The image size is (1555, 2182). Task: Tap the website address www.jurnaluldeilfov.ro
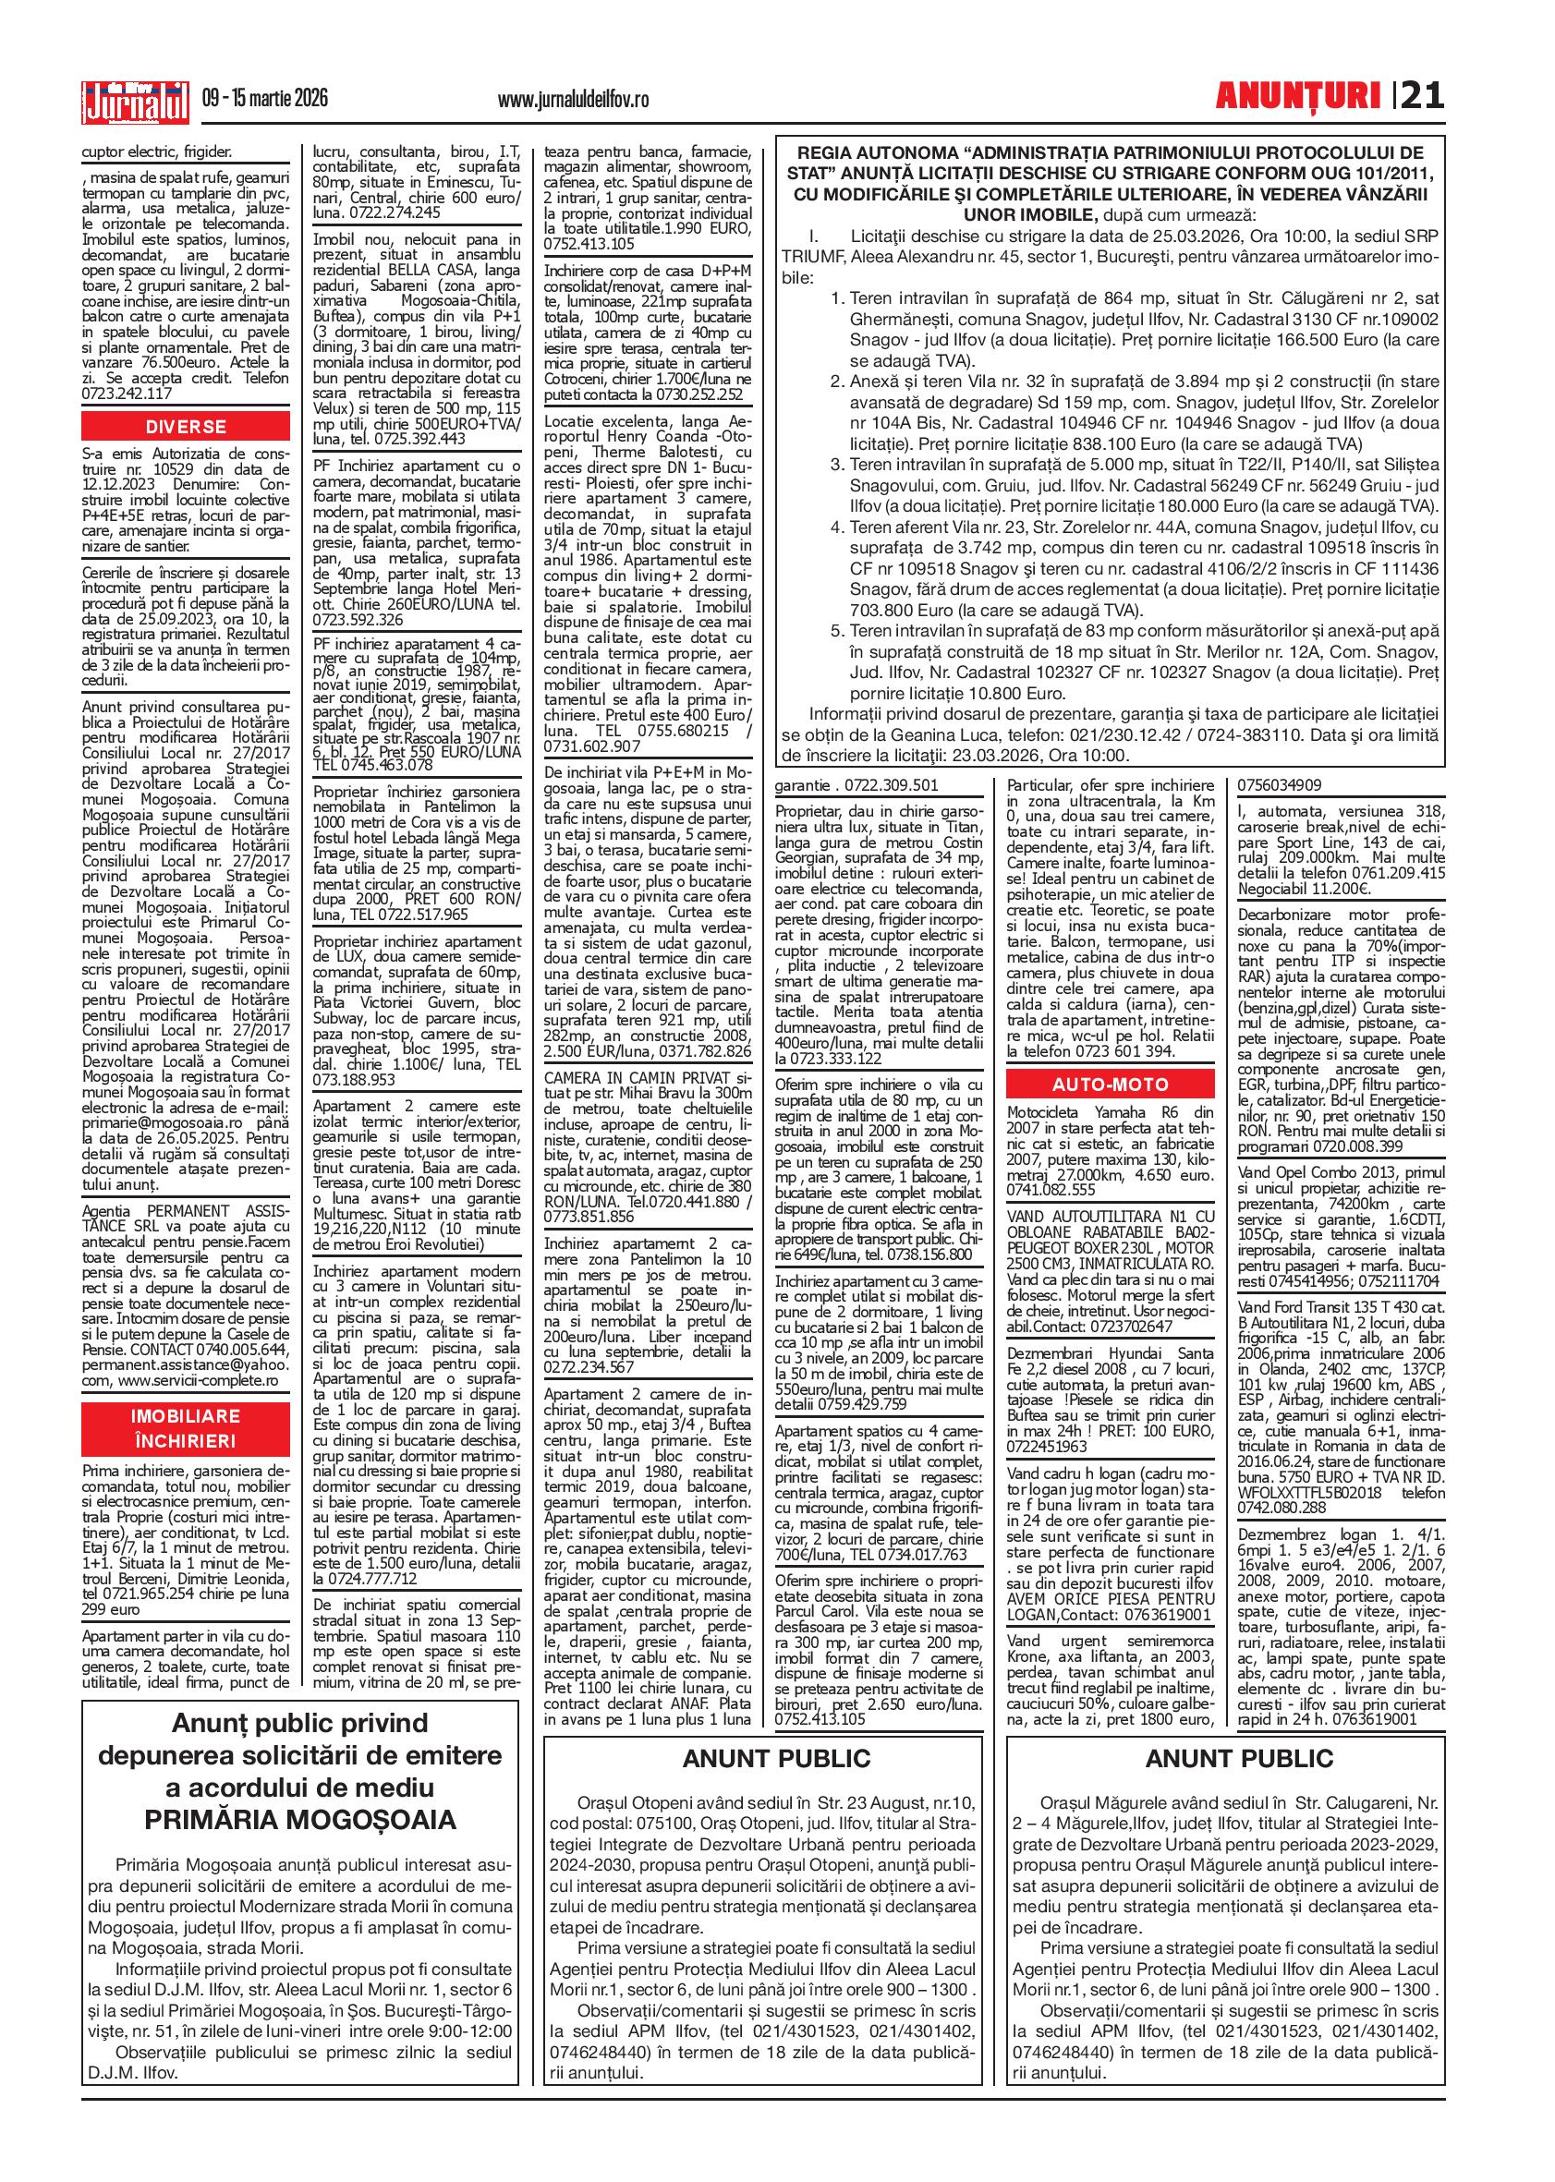pyautogui.click(x=574, y=99)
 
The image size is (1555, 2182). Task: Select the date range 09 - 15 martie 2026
pyautogui.click(x=265, y=99)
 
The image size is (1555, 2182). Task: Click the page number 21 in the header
pyautogui.click(x=1422, y=98)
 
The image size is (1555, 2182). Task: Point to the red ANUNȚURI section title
pyautogui.click(x=1297, y=98)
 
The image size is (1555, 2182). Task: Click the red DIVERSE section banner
pyautogui.click(x=186, y=427)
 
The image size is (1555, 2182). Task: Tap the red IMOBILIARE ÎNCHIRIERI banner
pyautogui.click(x=186, y=1428)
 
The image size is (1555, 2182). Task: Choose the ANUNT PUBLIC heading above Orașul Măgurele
pyautogui.click(x=1239, y=1759)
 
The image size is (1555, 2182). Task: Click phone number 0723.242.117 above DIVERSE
pyautogui.click(x=127, y=393)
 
